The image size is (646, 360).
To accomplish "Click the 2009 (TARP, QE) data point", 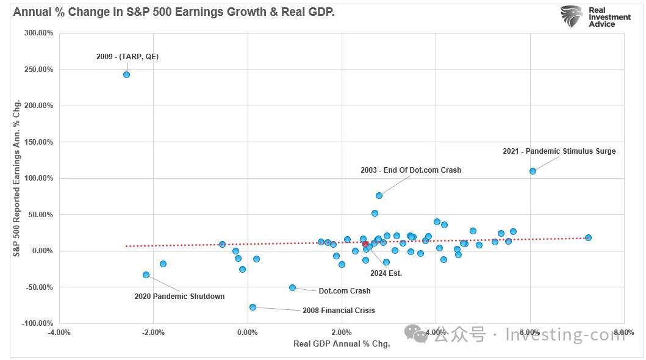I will point(126,74).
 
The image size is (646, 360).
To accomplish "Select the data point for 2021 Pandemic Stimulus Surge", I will point(533,171).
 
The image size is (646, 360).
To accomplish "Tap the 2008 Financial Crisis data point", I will point(253,307).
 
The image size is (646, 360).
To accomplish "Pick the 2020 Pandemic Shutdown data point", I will point(146,275).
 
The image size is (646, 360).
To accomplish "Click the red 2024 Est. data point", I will point(365,244).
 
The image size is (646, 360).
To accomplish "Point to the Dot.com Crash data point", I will point(292,287).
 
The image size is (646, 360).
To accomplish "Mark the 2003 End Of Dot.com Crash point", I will point(379,195).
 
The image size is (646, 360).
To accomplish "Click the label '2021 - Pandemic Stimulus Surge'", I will point(559,151).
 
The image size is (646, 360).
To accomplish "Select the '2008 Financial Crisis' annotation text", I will point(339,311).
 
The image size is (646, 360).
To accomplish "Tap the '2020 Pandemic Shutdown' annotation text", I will point(179,297).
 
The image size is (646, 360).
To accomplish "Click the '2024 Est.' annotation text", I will point(386,273).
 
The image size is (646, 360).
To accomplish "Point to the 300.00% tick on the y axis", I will point(38,33).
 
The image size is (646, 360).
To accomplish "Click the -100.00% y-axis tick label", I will point(37,323).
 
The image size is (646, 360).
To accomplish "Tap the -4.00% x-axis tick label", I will point(59,333).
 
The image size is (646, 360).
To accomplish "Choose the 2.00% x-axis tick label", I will point(342,333).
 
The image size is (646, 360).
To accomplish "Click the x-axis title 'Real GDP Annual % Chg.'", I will point(342,344).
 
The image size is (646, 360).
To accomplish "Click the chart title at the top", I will point(173,12).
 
